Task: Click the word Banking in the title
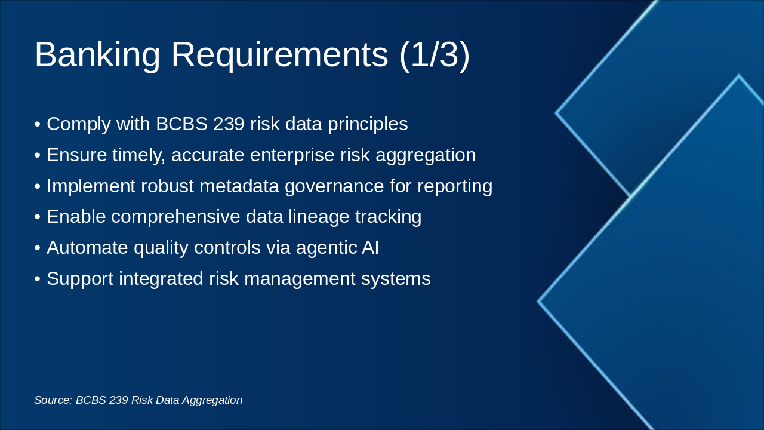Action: [97, 55]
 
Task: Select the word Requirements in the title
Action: [279, 55]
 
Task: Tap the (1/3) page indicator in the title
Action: [434, 55]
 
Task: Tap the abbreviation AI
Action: [370, 248]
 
